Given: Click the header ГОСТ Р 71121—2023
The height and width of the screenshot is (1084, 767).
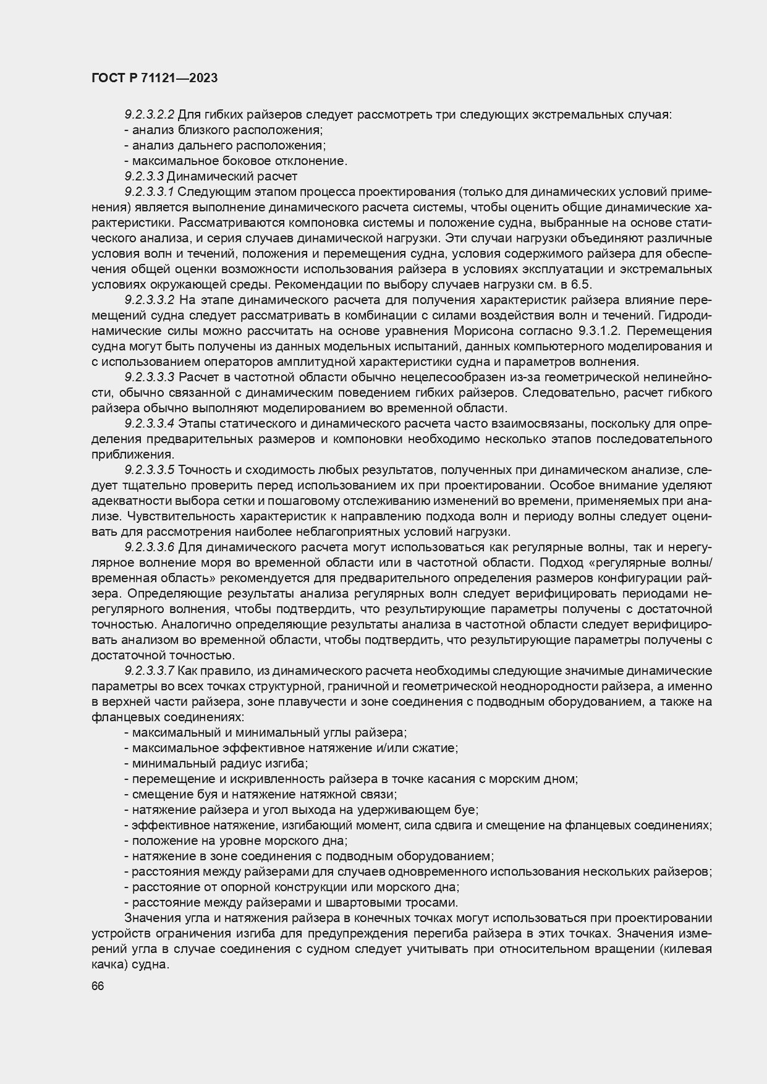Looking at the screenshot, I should [x=155, y=78].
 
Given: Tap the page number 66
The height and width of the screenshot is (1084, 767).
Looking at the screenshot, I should [x=97, y=986].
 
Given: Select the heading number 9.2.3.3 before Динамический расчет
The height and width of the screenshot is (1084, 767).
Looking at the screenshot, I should [x=145, y=176].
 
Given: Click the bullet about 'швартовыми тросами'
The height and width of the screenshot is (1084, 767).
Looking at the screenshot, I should [x=294, y=902].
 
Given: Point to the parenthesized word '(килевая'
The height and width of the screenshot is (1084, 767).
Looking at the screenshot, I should [x=685, y=949].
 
